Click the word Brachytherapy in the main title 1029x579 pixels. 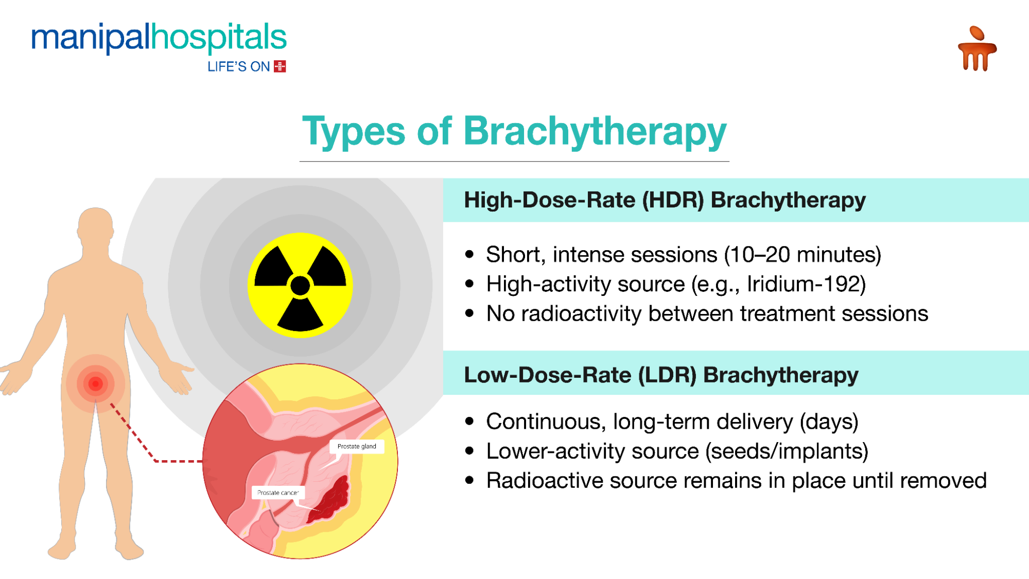pyautogui.click(x=595, y=131)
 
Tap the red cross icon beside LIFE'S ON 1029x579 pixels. pyautogui.click(x=280, y=66)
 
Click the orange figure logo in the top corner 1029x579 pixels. pyautogui.click(x=976, y=49)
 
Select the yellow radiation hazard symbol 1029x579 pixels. pyautogui.click(x=300, y=285)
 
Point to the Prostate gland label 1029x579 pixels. pyautogui.click(x=357, y=446)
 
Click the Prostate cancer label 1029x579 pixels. pyautogui.click(x=278, y=493)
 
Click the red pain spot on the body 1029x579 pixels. pyautogui.click(x=95, y=383)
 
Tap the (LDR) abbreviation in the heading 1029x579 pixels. pyautogui.click(x=667, y=375)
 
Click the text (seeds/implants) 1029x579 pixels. pyautogui.click(x=787, y=451)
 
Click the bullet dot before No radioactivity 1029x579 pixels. pyautogui.click(x=469, y=313)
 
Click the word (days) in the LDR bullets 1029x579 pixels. pyautogui.click(x=829, y=422)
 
